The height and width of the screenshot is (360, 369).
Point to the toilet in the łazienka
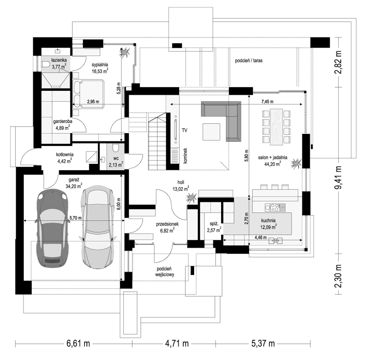(x=45, y=65)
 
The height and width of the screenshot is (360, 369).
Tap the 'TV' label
(x=185, y=131)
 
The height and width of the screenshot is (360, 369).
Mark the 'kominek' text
(x=186, y=156)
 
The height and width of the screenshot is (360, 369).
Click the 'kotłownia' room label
(x=64, y=155)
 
